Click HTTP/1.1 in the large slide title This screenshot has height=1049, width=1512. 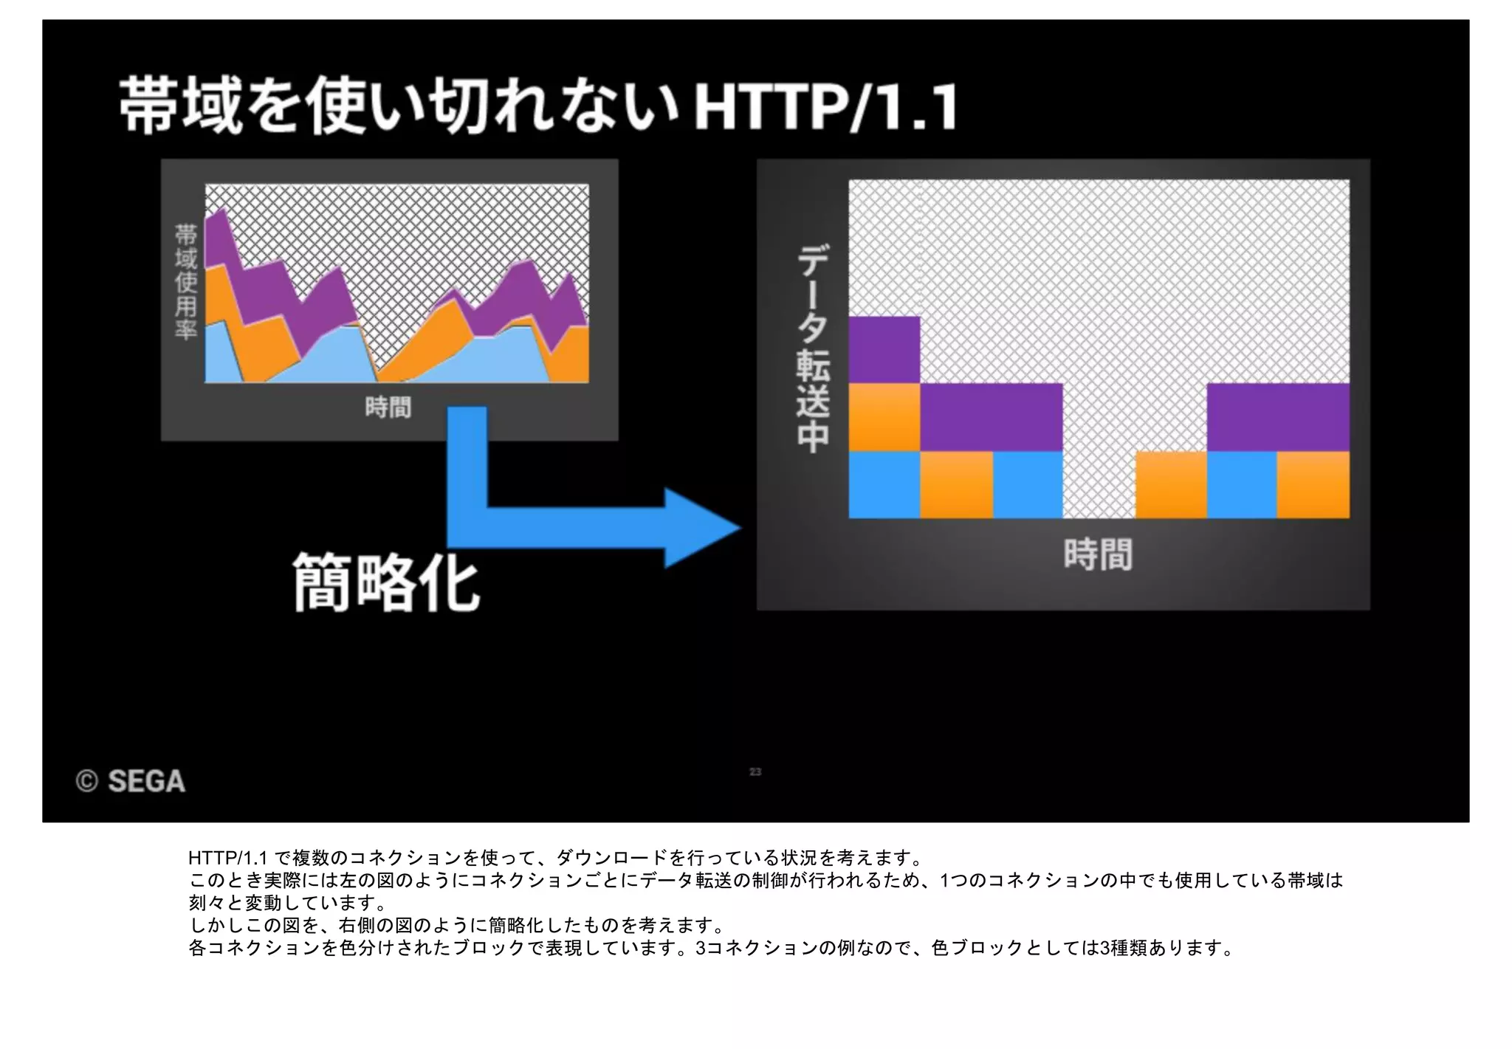point(825,108)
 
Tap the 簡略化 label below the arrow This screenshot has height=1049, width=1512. point(386,583)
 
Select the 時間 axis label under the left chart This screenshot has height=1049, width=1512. point(388,407)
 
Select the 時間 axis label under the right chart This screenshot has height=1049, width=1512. point(1098,554)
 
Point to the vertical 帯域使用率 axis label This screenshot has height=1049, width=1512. point(185,281)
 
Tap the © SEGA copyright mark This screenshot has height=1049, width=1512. point(131,781)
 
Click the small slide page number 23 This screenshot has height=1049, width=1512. point(755,771)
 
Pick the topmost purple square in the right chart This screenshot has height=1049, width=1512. point(884,349)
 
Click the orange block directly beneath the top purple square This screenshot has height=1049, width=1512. point(884,416)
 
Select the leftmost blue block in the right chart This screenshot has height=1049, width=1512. point(884,484)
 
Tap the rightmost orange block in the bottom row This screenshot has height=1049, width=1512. point(1313,484)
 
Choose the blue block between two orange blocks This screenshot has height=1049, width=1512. point(1242,484)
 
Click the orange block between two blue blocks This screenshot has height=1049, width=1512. point(956,484)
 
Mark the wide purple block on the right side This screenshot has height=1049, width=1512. point(1277,416)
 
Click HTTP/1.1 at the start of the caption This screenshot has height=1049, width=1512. point(227,858)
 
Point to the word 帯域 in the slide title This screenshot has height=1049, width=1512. point(181,106)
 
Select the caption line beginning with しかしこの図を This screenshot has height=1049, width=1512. point(458,925)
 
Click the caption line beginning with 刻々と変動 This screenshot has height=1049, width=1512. point(288,903)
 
